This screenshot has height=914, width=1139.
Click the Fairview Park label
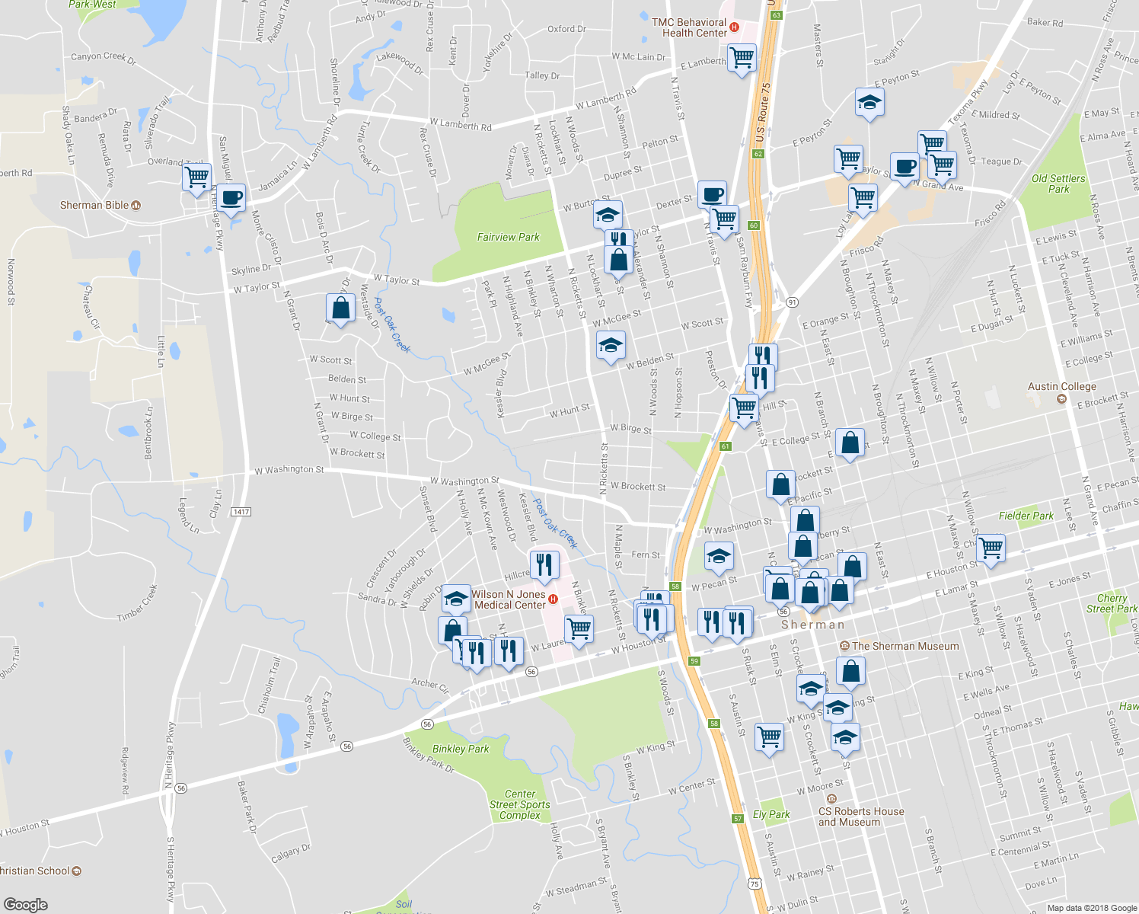tap(508, 237)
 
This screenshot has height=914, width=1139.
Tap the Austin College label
tap(1062, 387)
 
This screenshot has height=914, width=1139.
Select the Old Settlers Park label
tap(1058, 184)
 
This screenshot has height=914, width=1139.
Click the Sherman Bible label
tap(95, 205)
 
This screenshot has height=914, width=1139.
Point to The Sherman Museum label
tap(905, 646)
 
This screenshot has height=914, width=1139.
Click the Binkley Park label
tap(461, 749)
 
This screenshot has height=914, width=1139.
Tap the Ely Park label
tap(771, 814)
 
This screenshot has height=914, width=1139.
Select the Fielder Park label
tap(1026, 516)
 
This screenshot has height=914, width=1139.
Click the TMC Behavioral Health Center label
tap(689, 27)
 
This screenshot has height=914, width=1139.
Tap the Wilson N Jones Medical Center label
tap(509, 599)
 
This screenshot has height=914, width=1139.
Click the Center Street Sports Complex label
tap(520, 804)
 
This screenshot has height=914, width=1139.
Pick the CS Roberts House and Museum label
tap(861, 817)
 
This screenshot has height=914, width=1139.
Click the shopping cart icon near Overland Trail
tap(197, 177)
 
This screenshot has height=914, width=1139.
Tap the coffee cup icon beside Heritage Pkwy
tap(231, 198)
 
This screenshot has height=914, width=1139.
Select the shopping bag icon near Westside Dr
tap(340, 308)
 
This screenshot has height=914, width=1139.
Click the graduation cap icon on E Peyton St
tap(869, 102)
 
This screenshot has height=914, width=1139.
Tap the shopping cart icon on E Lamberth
tap(742, 57)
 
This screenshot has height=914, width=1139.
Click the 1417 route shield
tap(241, 511)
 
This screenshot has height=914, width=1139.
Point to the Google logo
tap(26, 904)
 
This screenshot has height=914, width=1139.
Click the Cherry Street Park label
tap(1112, 603)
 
